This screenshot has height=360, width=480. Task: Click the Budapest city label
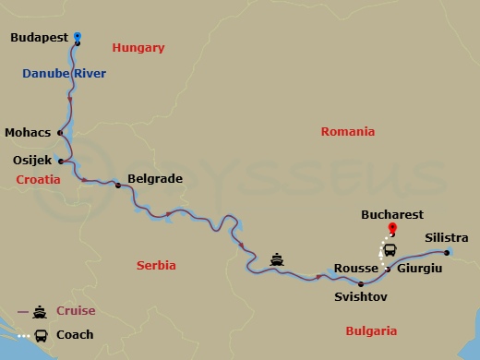pyautogui.click(x=41, y=39)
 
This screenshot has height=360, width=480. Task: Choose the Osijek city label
pyautogui.click(x=33, y=161)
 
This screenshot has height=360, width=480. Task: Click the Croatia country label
pyautogui.click(x=38, y=181)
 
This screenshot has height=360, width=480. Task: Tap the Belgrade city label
pyautogui.click(x=154, y=179)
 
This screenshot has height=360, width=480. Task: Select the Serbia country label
pyautogui.click(x=156, y=265)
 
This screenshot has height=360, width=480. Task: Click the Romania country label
pyautogui.click(x=347, y=132)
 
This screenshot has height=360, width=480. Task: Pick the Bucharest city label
pyautogui.click(x=391, y=214)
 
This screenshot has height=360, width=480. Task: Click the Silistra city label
pyautogui.click(x=447, y=238)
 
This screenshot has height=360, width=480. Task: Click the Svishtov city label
pyautogui.click(x=360, y=297)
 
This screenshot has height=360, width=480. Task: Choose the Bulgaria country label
pyautogui.click(x=370, y=330)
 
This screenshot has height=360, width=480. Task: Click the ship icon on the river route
pyautogui.click(x=277, y=259)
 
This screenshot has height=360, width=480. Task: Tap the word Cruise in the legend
pyautogui.click(x=75, y=311)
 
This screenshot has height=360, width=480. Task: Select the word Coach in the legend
pyautogui.click(x=74, y=334)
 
